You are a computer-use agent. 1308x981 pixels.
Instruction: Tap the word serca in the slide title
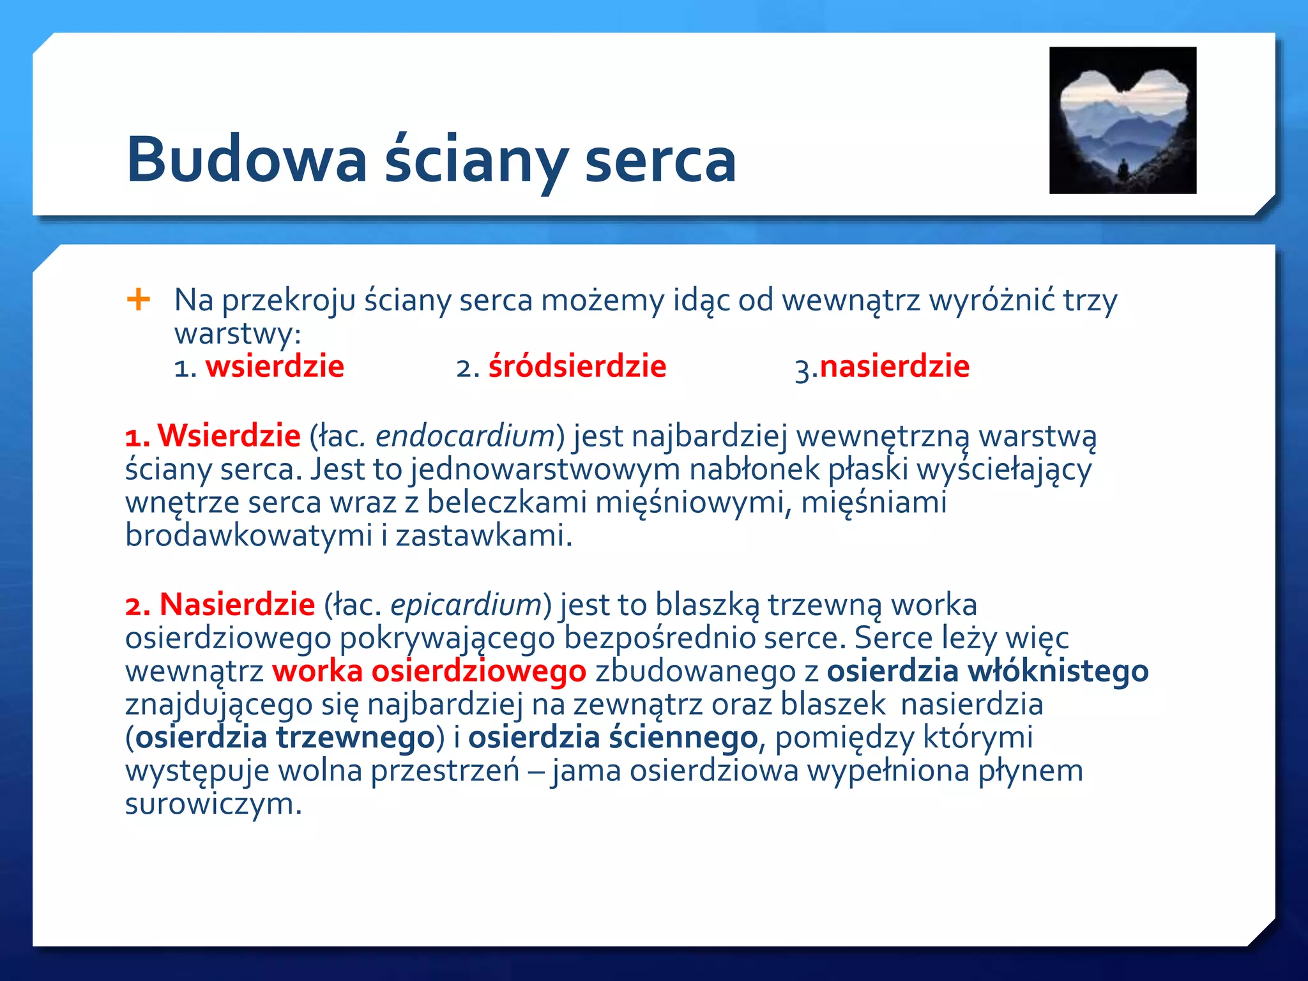[660, 160]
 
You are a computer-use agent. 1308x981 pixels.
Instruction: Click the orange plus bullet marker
[139, 299]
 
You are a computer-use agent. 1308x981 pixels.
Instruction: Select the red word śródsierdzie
[577, 367]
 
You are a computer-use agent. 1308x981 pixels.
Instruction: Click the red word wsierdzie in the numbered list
[275, 367]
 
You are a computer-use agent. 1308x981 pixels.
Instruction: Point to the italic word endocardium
[465, 436]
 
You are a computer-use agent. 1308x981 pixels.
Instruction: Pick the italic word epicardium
[466, 605]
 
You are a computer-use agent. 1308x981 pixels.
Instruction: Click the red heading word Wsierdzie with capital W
[229, 436]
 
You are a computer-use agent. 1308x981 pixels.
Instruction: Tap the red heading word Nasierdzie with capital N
[237, 605]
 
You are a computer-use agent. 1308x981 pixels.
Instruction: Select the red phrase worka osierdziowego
[429, 671]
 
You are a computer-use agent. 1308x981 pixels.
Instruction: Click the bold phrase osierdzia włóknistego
[987, 671]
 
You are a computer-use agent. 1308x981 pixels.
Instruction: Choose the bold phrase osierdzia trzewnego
[285, 738]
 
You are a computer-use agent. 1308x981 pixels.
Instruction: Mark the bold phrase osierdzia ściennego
[613, 738]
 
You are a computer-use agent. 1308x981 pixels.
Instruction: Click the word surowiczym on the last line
[213, 804]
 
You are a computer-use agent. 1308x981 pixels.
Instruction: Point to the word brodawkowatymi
[248, 535]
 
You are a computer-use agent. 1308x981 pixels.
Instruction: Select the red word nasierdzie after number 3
[894, 367]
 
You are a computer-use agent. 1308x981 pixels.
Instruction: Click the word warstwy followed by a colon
[237, 333]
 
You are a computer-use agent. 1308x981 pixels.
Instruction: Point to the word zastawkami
[483, 535]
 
